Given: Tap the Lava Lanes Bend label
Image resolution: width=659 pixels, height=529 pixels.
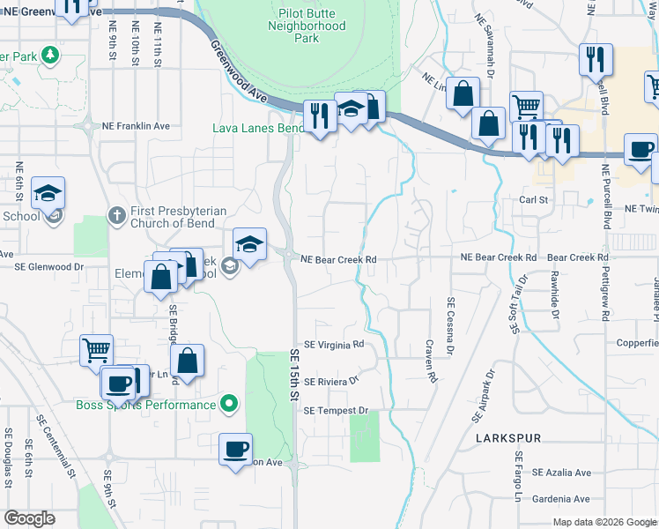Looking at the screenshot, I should [x=257, y=128].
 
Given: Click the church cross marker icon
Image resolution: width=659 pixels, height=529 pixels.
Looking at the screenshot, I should [x=116, y=215].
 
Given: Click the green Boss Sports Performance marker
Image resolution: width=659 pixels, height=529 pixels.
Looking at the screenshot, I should [x=229, y=405].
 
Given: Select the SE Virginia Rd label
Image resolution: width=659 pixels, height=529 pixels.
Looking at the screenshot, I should [x=333, y=345].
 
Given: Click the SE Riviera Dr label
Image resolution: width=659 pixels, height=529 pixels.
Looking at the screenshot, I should [x=331, y=382].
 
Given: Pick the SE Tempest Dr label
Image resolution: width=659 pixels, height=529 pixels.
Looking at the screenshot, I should [x=335, y=411].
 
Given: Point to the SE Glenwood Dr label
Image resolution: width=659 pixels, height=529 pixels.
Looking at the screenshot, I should [x=48, y=265].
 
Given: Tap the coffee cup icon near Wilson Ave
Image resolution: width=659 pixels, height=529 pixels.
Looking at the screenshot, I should [x=236, y=449].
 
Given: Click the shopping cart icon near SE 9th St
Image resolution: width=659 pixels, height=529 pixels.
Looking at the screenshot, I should [x=96, y=350].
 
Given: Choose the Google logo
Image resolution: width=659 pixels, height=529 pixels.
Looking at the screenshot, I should [x=31, y=518].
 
